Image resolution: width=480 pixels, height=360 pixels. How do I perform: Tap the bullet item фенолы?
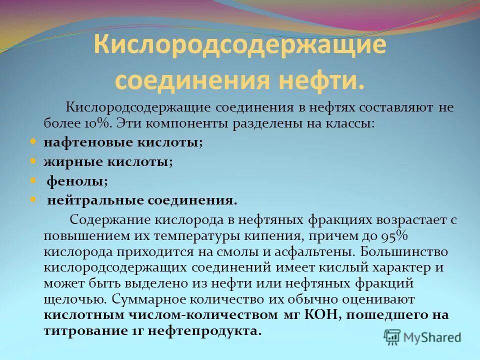point(77,181)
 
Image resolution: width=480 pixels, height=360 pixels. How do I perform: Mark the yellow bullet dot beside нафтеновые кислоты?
point(33,141)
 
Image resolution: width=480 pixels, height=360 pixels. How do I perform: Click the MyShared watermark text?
point(432,337)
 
